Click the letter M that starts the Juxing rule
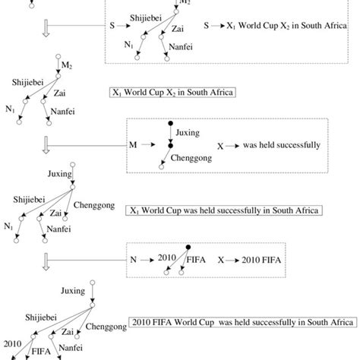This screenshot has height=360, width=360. coord(134,144)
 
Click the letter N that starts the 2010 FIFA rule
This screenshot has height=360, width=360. coord(134,259)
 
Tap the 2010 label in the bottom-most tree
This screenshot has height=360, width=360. coord(12,343)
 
